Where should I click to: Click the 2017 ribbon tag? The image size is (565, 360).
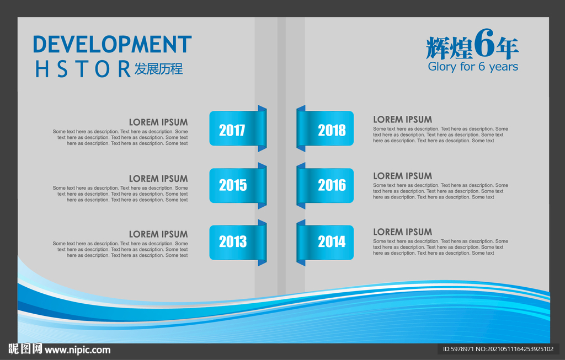click(x=238, y=128)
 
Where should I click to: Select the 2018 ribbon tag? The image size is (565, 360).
click(x=325, y=128)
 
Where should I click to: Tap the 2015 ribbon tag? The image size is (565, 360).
click(x=238, y=185)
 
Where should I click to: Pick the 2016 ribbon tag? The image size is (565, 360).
click(x=325, y=185)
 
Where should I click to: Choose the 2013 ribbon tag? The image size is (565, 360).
click(x=238, y=242)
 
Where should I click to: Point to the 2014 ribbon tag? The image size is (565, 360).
click(x=325, y=242)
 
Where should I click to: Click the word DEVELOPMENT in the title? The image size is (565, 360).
click(x=112, y=45)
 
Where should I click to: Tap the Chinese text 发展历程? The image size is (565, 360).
click(x=158, y=69)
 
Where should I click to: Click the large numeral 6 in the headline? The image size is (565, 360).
click(x=484, y=43)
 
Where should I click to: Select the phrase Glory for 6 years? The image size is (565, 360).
click(x=473, y=67)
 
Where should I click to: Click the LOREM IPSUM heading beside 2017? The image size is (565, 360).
click(x=158, y=122)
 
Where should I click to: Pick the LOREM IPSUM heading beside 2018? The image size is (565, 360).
click(x=402, y=120)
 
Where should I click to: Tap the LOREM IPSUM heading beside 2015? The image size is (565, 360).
click(x=158, y=179)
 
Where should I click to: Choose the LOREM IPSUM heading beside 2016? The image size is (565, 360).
click(x=402, y=176)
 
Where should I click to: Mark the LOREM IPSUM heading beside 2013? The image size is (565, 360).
click(x=158, y=234)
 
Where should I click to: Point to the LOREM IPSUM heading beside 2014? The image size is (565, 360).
click(x=402, y=232)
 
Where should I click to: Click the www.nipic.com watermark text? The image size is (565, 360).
click(x=77, y=350)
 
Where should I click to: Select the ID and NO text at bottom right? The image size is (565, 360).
click(x=498, y=349)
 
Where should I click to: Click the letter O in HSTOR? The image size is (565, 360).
click(x=102, y=69)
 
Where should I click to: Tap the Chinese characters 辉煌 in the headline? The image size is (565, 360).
click(x=449, y=48)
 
